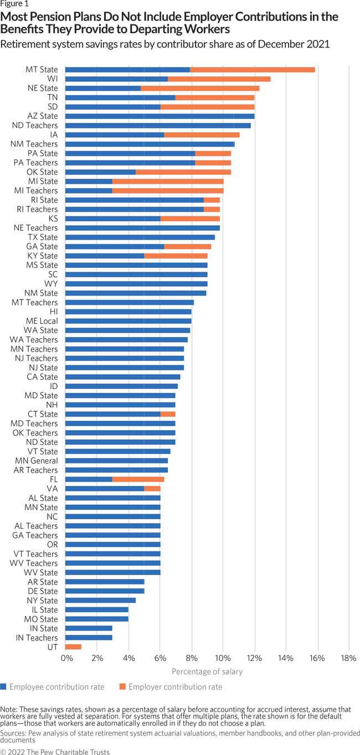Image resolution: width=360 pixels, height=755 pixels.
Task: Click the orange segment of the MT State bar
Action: click(253, 70)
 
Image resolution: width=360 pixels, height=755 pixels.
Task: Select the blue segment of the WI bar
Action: click(116, 79)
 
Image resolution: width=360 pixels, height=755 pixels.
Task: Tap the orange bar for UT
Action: click(73, 647)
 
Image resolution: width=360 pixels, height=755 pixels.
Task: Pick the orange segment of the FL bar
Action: click(138, 479)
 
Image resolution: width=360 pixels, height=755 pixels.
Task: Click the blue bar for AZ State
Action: click(160, 116)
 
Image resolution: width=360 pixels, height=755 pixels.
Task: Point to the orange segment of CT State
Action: click(168, 414)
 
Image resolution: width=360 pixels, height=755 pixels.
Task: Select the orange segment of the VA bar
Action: click(152, 488)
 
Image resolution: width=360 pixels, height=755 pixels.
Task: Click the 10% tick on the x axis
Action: click(223, 658)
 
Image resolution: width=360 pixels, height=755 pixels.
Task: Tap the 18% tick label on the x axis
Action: click(349, 658)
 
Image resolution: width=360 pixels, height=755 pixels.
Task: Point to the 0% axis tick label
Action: click(66, 658)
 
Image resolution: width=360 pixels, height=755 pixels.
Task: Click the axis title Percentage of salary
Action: click(207, 671)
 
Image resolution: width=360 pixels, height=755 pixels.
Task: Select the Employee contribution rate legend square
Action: click(4, 687)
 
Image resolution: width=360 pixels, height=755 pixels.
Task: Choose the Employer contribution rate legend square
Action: click(122, 687)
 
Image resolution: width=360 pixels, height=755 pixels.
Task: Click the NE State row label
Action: click(43, 88)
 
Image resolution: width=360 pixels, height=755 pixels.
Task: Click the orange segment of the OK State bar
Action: click(183, 172)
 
